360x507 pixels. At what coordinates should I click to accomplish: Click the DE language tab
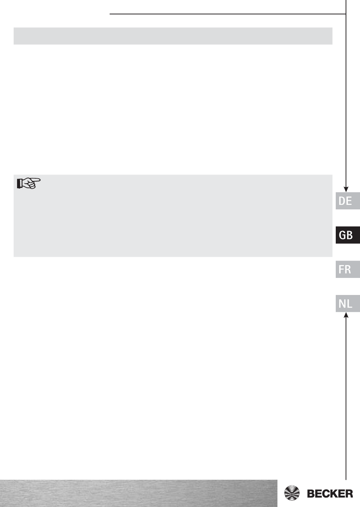pos(347,201)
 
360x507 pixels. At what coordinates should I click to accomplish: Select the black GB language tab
pos(347,235)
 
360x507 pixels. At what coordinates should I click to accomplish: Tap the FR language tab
pos(347,269)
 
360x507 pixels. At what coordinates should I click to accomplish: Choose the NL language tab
pos(347,303)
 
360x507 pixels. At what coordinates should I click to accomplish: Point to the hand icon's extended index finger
pos(36,180)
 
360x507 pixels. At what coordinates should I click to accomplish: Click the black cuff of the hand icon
pos(19,184)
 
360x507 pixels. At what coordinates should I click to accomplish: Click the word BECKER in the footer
pos(330,493)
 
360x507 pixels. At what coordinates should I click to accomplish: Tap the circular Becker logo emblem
pos(292,493)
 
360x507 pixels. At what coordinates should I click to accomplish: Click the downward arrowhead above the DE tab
pos(346,189)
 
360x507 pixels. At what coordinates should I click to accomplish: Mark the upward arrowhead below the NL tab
pos(346,315)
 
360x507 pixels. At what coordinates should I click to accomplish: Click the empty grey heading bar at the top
pos(173,36)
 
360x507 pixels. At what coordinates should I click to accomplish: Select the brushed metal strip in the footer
pos(138,493)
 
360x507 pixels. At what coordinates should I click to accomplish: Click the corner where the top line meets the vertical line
pos(346,14)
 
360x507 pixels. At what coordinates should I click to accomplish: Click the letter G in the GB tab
pos(342,235)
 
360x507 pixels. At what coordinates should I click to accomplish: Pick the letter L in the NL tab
pos(349,304)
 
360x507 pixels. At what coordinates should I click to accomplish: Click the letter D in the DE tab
pos(342,201)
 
